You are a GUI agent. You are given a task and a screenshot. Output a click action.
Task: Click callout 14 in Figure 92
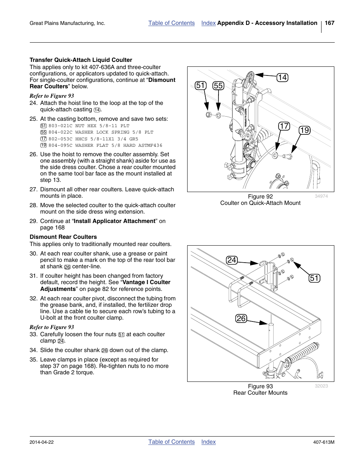click(x=282, y=77)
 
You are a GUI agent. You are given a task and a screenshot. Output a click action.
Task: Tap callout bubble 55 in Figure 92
click(x=218, y=86)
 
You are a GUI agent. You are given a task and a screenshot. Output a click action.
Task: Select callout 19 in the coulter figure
click(x=304, y=130)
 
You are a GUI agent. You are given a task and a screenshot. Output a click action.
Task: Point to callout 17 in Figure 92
click(x=284, y=126)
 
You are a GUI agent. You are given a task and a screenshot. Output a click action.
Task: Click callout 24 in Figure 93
click(x=232, y=260)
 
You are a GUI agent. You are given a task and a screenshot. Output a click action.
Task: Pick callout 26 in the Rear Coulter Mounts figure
click(x=241, y=318)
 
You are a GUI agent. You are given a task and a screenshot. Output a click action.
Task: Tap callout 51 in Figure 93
click(x=314, y=278)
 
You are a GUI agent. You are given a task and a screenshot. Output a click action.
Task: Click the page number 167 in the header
click(x=329, y=23)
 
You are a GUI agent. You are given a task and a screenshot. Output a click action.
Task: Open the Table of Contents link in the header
click(x=171, y=23)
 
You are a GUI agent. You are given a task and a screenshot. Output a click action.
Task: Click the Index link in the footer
click(x=208, y=442)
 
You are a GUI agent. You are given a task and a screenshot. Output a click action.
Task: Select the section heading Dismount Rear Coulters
click(x=63, y=237)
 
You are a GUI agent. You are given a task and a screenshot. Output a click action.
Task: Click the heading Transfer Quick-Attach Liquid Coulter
click(x=81, y=60)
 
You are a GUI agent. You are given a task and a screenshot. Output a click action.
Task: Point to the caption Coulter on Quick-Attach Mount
click(x=260, y=203)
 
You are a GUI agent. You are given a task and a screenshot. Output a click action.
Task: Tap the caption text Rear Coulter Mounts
click(x=260, y=393)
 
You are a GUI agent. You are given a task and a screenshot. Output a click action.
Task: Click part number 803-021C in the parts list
click(x=60, y=126)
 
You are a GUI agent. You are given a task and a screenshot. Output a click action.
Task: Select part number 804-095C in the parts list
click(x=60, y=145)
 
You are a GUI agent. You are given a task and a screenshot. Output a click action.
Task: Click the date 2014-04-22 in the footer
click(x=42, y=442)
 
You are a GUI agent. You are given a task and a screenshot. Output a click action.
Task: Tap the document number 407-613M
click(x=324, y=442)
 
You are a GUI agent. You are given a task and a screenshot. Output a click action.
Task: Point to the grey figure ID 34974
click(x=321, y=196)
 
